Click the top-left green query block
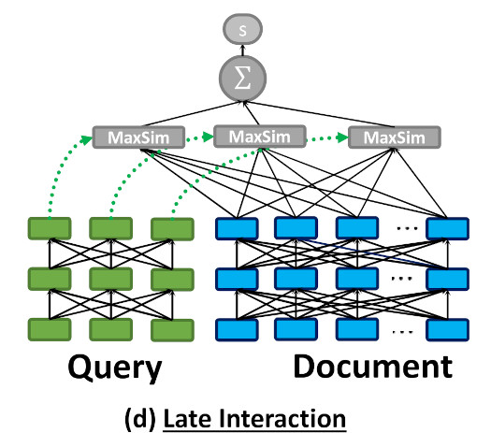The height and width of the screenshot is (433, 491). click(51, 228)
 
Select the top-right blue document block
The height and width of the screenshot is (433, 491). click(445, 228)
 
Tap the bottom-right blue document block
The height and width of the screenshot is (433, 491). click(445, 329)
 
